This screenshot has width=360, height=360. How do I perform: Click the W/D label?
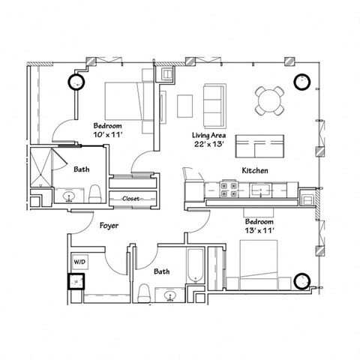point(78,262)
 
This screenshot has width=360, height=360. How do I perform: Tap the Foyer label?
point(109,224)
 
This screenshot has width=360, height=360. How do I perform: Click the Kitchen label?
point(255,171)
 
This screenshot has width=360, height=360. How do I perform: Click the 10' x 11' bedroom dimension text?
point(108,130)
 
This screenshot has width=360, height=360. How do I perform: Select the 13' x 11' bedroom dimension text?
point(259,228)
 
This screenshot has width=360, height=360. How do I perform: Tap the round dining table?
point(269,100)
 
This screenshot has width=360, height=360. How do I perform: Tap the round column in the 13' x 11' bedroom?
point(303,280)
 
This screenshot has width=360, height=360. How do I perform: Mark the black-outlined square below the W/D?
point(77,282)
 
